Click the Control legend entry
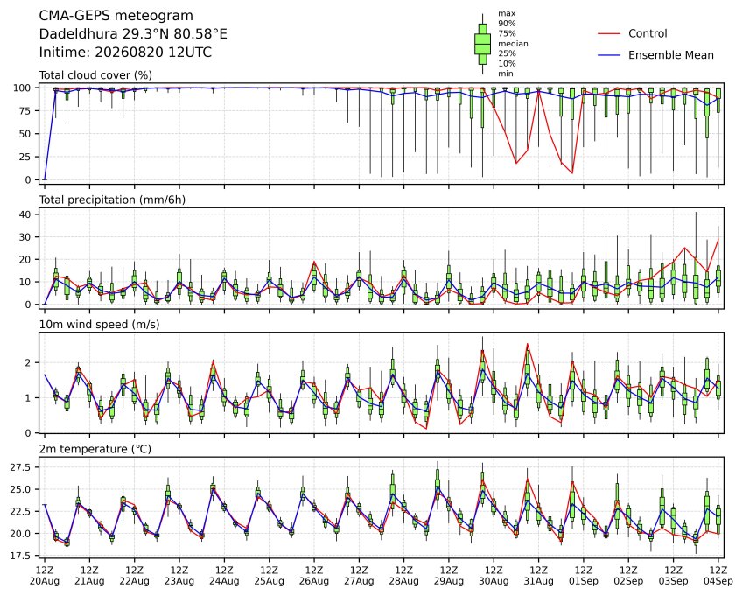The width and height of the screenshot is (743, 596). [648, 33]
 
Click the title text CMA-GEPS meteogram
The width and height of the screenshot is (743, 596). [116, 16]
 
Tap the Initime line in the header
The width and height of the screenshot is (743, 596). [125, 53]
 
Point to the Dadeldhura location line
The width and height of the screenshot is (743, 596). [133, 34]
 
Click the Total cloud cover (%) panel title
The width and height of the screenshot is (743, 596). [95, 75]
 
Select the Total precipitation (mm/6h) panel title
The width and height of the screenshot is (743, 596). [112, 200]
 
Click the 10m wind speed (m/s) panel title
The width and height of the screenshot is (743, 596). [99, 325]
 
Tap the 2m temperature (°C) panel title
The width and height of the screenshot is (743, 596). [95, 449]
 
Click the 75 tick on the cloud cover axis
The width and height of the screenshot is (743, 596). [25, 111]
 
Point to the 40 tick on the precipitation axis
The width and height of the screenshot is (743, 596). [25, 214]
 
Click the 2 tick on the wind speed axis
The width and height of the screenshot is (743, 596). [28, 363]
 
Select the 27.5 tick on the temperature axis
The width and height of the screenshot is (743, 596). [21, 467]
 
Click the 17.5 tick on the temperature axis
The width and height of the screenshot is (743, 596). [21, 555]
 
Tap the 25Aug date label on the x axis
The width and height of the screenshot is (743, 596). [270, 581]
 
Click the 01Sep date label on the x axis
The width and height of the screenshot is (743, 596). [584, 581]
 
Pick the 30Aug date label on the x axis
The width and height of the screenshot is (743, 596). [494, 581]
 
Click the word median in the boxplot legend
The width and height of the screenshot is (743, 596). [513, 44]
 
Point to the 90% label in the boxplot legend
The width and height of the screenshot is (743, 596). [507, 24]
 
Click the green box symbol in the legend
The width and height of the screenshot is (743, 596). [483, 44]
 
